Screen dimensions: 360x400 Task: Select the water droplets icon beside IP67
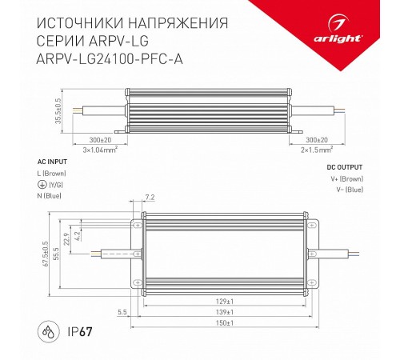pyautogui.click(x=46, y=330)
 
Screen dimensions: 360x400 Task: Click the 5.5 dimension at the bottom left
pyautogui.click(x=122, y=311)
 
